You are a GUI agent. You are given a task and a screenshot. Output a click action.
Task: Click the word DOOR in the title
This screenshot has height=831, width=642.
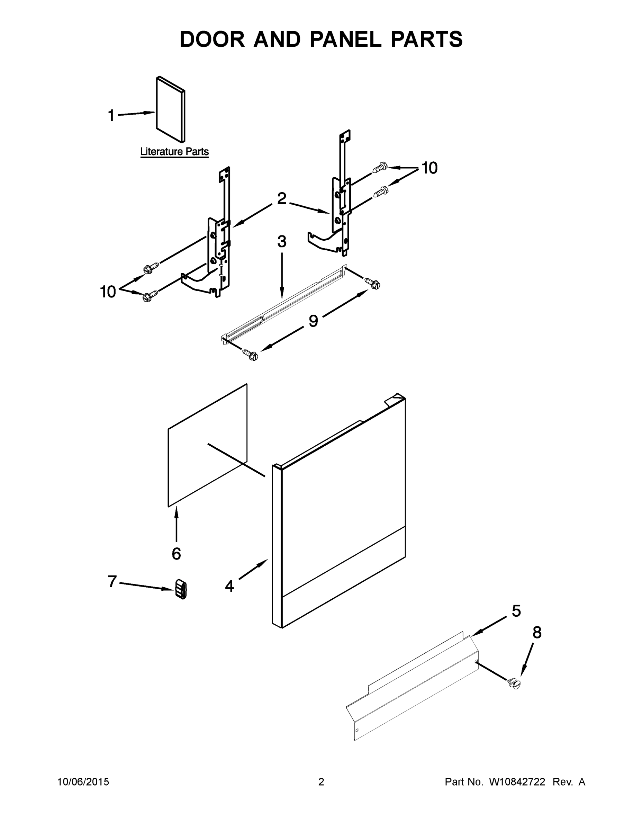[212, 39]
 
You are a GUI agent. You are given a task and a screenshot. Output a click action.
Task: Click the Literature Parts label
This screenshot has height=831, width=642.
[174, 151]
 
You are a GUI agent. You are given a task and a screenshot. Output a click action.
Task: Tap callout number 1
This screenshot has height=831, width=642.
[111, 116]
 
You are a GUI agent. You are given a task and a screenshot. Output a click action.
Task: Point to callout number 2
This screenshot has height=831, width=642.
[281, 199]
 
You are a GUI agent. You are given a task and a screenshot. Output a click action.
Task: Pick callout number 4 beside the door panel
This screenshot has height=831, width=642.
[229, 586]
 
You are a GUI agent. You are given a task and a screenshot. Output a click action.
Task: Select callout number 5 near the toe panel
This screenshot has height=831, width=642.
[516, 611]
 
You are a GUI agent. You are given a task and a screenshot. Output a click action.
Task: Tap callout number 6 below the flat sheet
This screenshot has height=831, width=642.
[176, 554]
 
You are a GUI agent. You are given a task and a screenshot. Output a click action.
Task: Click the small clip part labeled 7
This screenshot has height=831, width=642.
[181, 589]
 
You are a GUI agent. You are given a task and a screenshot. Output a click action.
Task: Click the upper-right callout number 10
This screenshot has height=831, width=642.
[429, 168]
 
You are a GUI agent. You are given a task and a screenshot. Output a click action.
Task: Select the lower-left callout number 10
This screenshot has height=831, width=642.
[108, 292]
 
